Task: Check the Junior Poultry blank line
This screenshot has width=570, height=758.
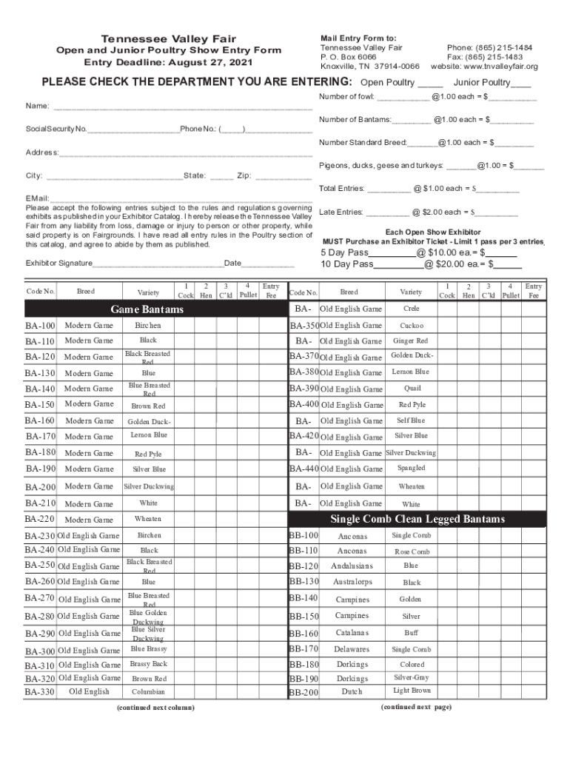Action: coord(520,83)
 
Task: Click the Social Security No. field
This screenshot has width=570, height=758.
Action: coord(133,130)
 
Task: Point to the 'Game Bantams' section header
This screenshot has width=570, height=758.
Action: coord(147,309)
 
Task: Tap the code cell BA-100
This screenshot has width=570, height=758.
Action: coord(40,326)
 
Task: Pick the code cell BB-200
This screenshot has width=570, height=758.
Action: coord(304,693)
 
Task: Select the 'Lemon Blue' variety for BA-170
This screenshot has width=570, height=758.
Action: coord(149,435)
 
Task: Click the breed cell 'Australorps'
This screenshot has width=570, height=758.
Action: coord(352,582)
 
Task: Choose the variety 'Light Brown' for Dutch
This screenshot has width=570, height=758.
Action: coord(412,691)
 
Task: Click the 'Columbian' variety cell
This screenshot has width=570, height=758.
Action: coord(149,692)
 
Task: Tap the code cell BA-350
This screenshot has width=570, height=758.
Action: coord(304,326)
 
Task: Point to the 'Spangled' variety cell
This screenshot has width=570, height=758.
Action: coord(412,468)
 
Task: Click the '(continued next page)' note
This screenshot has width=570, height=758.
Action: coord(416,707)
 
